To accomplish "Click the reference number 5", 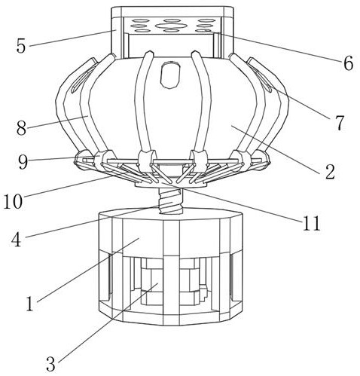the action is coord(21,46).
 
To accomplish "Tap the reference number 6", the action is coord(348,63).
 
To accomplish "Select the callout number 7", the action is coord(339,123).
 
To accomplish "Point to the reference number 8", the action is coord(22,128).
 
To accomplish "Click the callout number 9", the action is coord(23,162).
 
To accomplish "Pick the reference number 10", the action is coord(13,201).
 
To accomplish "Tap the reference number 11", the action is coord(312,223).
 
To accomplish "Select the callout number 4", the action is coord(17,240).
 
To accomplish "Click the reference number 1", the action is coord(30,304).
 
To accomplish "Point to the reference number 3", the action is coord(50,364).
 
